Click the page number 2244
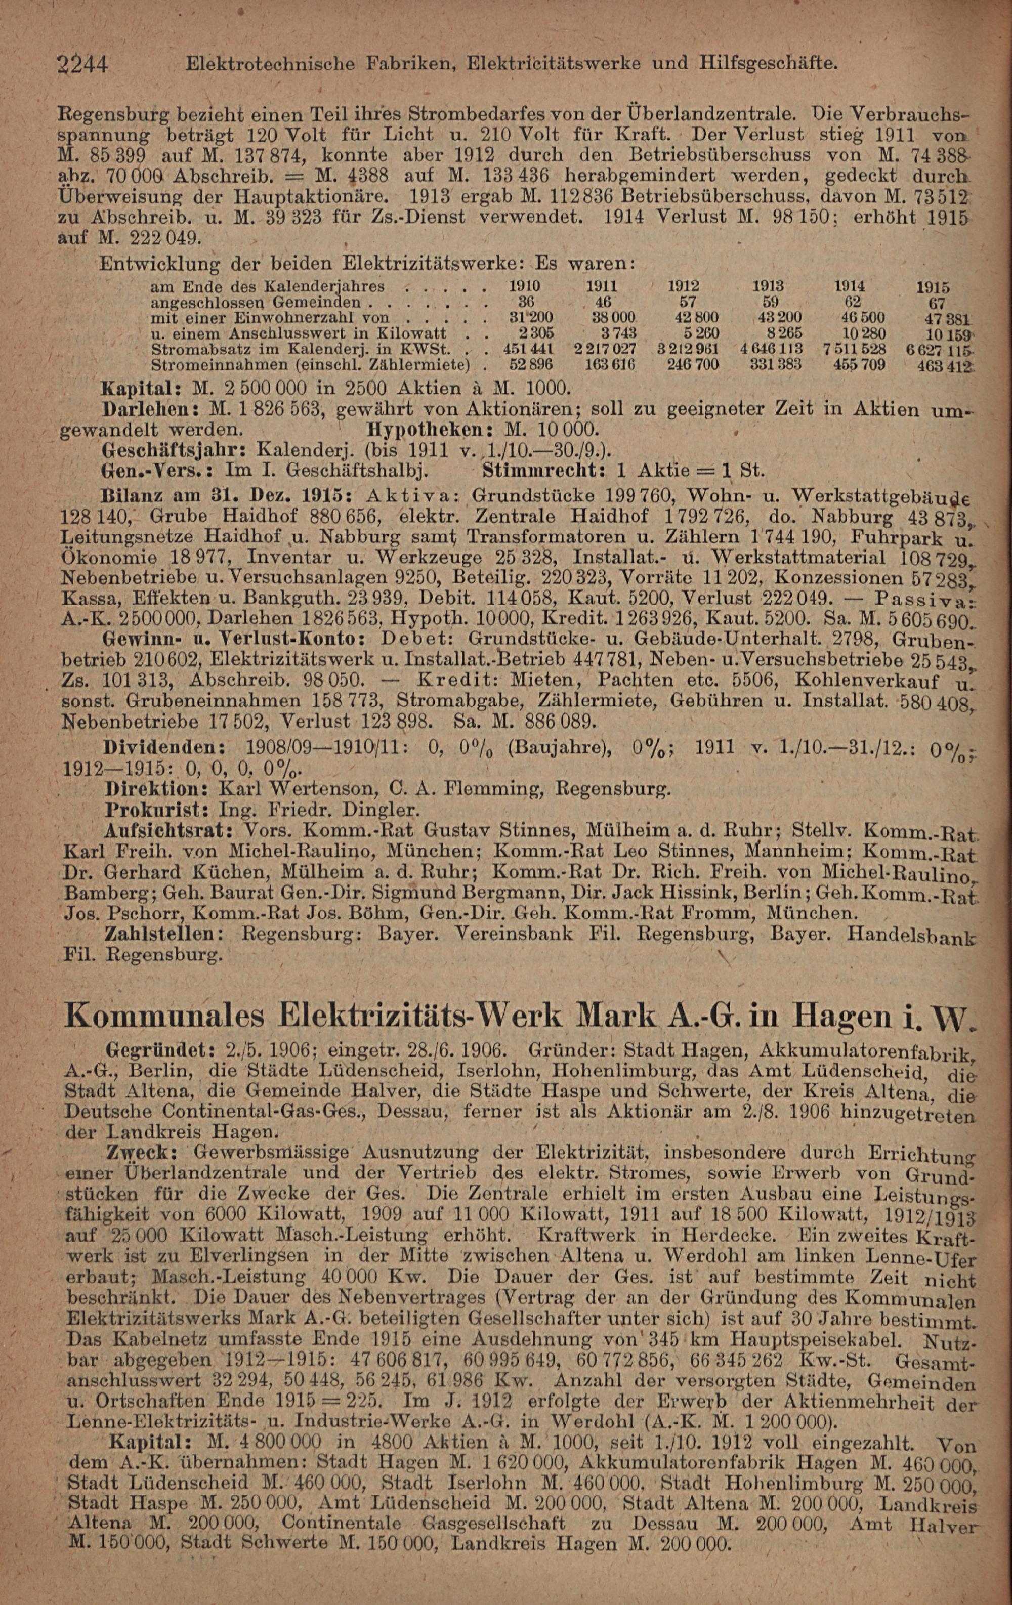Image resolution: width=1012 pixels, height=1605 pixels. [x=83, y=65]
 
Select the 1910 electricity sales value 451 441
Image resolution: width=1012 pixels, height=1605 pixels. [x=529, y=349]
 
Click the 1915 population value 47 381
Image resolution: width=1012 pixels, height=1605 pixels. [x=940, y=319]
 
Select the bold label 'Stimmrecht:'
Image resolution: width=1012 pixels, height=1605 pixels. [x=543, y=470]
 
